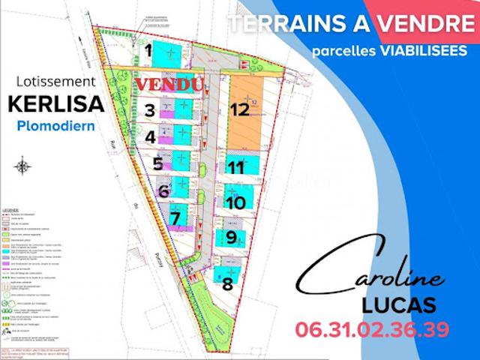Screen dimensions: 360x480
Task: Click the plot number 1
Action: (x=148, y=51)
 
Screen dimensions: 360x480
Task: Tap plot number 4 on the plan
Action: (x=150, y=137)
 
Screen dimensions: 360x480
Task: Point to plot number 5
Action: (x=157, y=163)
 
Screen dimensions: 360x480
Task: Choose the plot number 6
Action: (x=163, y=191)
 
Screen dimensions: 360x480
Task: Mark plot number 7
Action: (x=175, y=219)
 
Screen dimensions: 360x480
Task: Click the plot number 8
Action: (x=227, y=284)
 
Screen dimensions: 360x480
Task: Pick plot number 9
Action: (x=232, y=238)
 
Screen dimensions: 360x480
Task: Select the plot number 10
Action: (x=235, y=202)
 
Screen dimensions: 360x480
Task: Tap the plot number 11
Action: (x=236, y=168)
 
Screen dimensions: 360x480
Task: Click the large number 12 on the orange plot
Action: (x=239, y=109)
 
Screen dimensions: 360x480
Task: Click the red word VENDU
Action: (x=169, y=85)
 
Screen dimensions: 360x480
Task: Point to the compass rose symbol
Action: (x=24, y=164)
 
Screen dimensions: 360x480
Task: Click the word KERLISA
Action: (x=56, y=103)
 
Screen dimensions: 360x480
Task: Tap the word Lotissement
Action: (x=55, y=81)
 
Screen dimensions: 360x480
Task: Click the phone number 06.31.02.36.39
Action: (x=373, y=329)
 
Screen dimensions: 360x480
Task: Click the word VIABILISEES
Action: (x=421, y=51)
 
